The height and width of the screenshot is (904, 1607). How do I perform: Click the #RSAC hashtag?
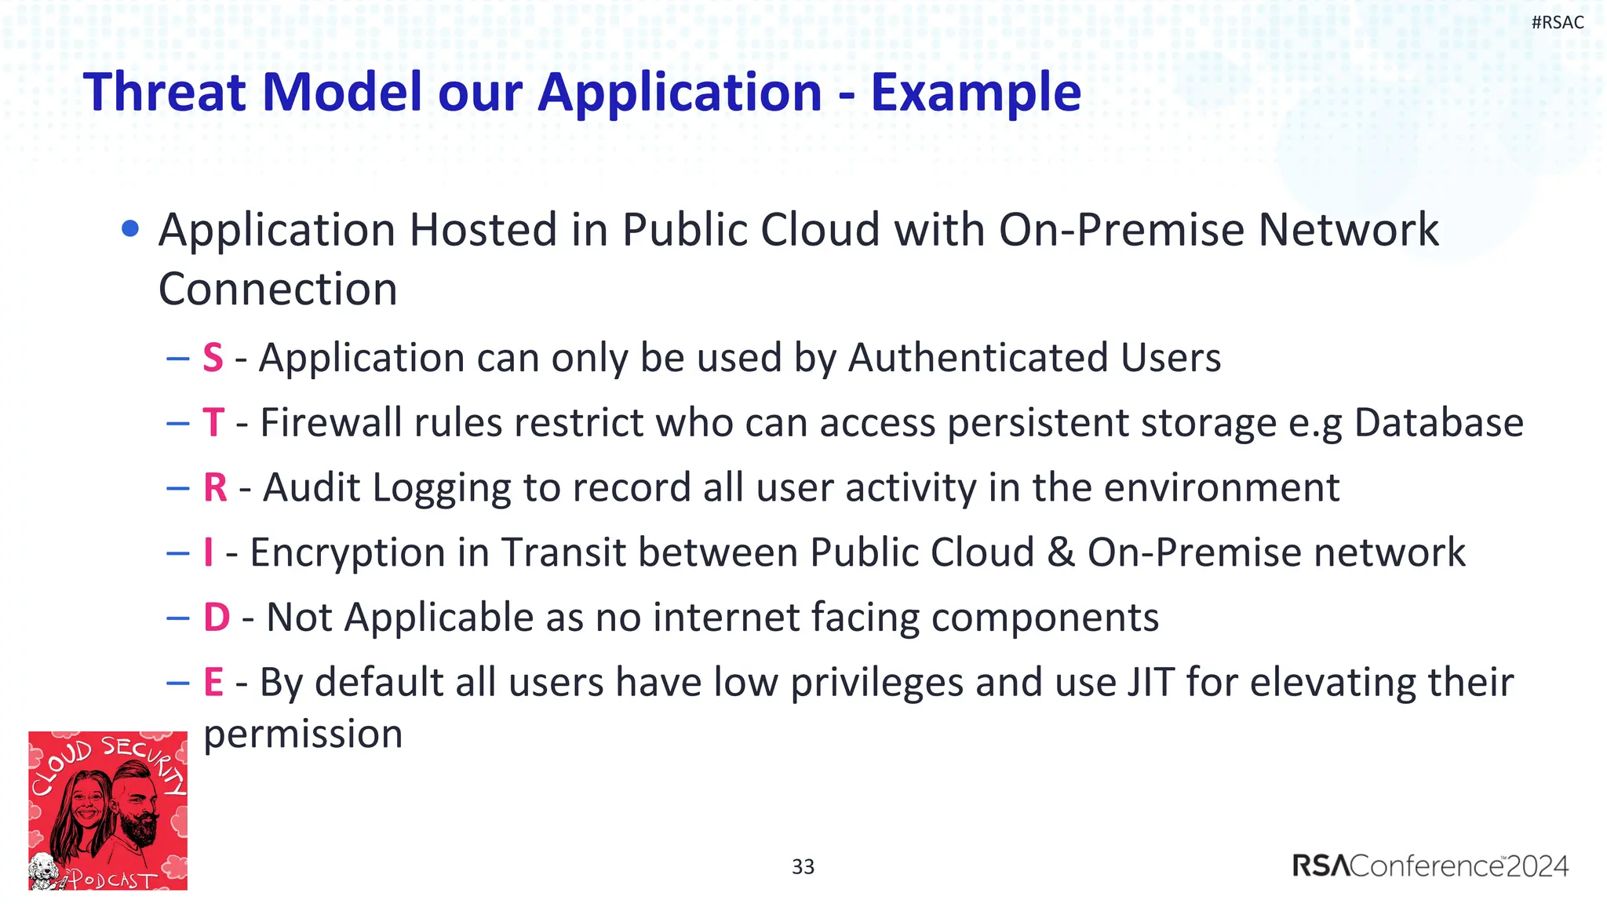coord(1557,22)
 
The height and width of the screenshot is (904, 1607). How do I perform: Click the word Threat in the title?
coord(165,93)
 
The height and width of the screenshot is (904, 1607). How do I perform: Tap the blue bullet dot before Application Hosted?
coord(131,229)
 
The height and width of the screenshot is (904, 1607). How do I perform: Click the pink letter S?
coord(213,358)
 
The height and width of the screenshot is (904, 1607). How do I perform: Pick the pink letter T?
coord(213,423)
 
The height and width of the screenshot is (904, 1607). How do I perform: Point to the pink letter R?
coord(215,487)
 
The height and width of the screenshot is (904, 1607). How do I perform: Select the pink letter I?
coord(209,552)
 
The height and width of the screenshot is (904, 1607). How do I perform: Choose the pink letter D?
coord(217,618)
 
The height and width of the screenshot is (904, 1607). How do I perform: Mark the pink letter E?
coord(213,682)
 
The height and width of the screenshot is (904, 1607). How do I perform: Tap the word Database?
coord(1438,423)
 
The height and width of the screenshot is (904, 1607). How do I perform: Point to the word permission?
coord(303,734)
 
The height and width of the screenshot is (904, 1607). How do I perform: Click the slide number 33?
coord(803,866)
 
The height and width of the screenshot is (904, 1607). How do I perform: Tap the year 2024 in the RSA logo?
coord(1536,866)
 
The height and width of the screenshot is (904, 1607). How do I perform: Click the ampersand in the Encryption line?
coord(1060,552)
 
